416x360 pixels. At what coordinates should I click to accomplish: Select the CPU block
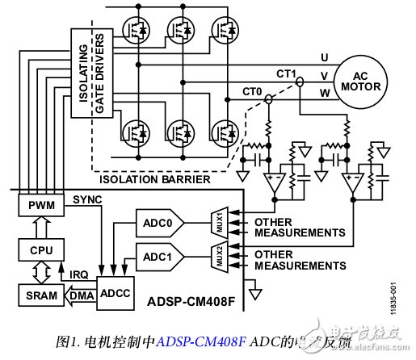pyautogui.click(x=40, y=251)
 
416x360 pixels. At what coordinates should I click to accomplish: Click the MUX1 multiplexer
pyautogui.click(x=219, y=221)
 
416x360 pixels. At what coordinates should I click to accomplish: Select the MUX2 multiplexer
pyautogui.click(x=219, y=257)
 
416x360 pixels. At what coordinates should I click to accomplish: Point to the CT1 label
pyautogui.click(x=287, y=73)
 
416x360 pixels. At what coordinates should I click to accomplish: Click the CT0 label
pyautogui.click(x=253, y=92)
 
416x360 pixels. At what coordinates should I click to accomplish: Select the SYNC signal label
pyautogui.click(x=88, y=199)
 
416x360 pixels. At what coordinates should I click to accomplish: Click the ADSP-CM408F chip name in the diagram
pyautogui.click(x=191, y=303)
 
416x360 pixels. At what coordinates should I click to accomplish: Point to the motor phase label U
pyautogui.click(x=325, y=57)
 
